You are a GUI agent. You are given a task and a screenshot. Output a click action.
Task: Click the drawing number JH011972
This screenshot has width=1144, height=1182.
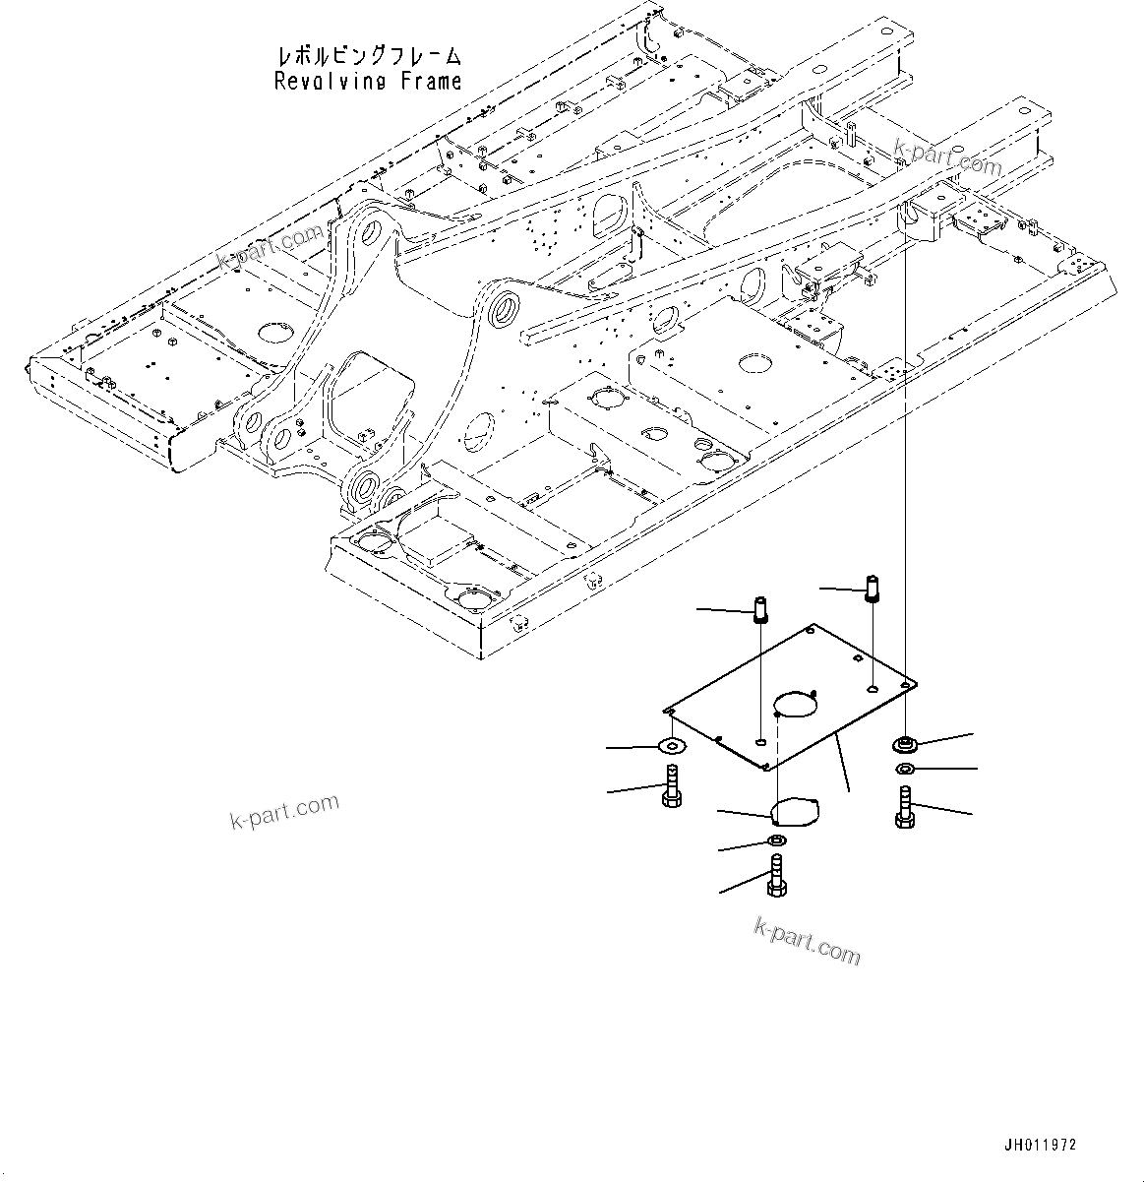pos(1040,1145)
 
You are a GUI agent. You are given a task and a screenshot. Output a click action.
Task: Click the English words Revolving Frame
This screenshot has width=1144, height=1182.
pos(368,81)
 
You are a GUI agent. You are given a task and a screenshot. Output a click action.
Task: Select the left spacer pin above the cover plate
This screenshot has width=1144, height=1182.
pos(761,610)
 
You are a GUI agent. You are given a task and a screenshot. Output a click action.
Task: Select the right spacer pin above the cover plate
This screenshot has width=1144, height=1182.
pos(873,588)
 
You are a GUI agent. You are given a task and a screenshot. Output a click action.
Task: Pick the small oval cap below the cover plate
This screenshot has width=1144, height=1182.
pos(794,813)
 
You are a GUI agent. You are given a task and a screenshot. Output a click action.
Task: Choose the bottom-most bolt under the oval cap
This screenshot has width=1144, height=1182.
pos(776,876)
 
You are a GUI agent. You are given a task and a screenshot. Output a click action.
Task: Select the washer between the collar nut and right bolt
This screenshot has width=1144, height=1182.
pos(904,769)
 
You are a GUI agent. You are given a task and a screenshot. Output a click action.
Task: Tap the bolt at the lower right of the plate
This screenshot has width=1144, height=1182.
pos(905,808)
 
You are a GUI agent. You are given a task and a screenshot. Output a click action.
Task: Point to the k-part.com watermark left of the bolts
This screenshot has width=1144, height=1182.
pos(285,811)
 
